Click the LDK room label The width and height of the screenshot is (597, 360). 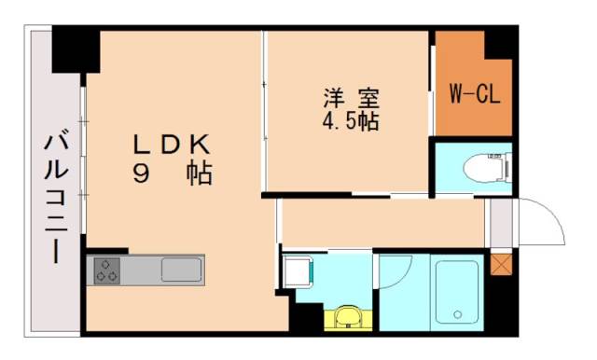[x=174, y=145]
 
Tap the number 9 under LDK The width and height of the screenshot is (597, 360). [x=142, y=174]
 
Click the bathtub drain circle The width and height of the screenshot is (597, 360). [x=456, y=312]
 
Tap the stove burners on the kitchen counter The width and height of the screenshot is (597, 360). [x=105, y=270]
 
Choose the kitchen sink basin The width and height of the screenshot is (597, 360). [x=179, y=270]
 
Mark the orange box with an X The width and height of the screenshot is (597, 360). [x=502, y=265]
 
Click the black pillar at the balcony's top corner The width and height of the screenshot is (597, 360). [x=75, y=48]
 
